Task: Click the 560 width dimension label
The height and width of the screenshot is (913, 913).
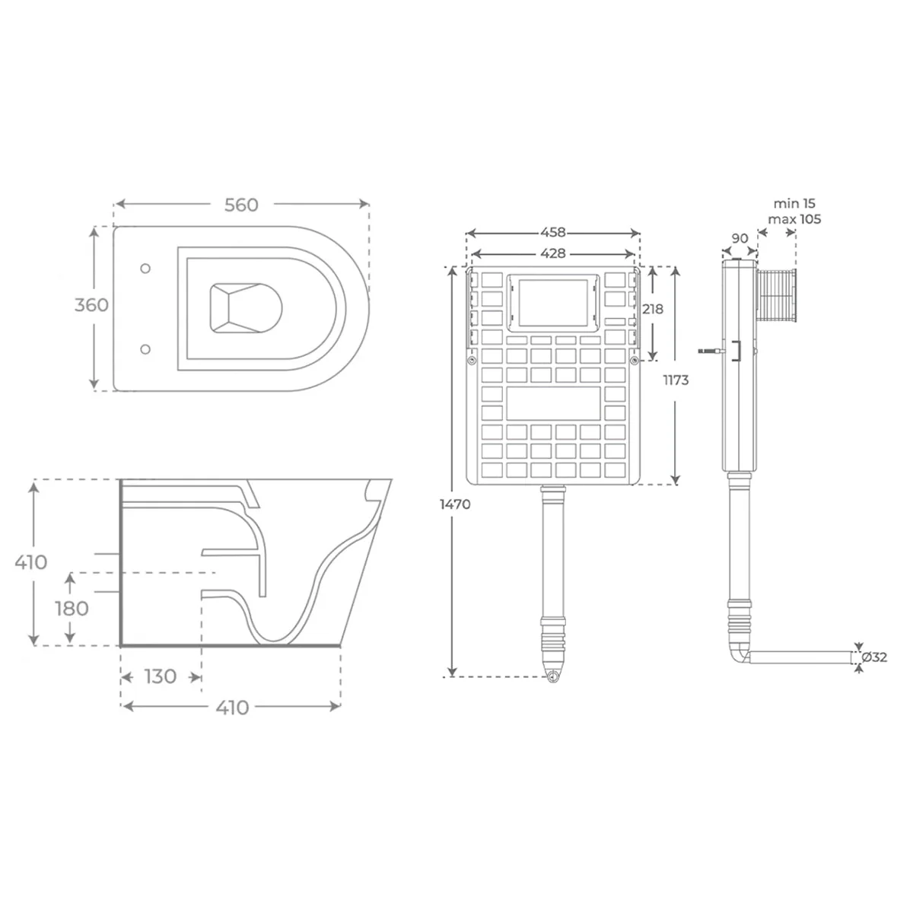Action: pyautogui.click(x=241, y=205)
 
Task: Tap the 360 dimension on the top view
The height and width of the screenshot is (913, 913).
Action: pyautogui.click(x=91, y=305)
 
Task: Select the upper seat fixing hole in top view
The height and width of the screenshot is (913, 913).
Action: pyautogui.click(x=145, y=269)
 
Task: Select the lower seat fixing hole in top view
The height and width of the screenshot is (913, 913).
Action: pyautogui.click(x=145, y=349)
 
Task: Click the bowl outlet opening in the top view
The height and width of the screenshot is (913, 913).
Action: pyautogui.click(x=246, y=308)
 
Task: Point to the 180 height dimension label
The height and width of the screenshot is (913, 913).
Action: pyautogui.click(x=72, y=609)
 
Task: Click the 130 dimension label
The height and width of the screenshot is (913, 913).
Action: pyautogui.click(x=161, y=677)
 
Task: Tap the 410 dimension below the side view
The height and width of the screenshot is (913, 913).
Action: pyautogui.click(x=232, y=708)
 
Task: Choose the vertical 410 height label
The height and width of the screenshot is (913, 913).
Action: pyautogui.click(x=31, y=562)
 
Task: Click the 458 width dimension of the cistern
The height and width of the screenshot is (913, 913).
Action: pyautogui.click(x=553, y=233)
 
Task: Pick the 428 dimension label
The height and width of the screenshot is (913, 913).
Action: pyautogui.click(x=553, y=253)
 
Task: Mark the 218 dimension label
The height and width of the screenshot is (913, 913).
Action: pyautogui.click(x=652, y=310)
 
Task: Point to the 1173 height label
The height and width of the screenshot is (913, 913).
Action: pyautogui.click(x=676, y=380)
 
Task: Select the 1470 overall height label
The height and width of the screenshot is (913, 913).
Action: pyautogui.click(x=455, y=504)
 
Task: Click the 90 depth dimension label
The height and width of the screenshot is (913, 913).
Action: pyautogui.click(x=740, y=238)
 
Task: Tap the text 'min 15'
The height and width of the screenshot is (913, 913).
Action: pyautogui.click(x=794, y=204)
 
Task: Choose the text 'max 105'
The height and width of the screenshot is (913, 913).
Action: pyautogui.click(x=794, y=219)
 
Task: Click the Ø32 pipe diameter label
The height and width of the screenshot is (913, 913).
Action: pyautogui.click(x=874, y=657)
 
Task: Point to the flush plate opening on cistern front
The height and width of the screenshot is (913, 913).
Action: pyautogui.click(x=553, y=302)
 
